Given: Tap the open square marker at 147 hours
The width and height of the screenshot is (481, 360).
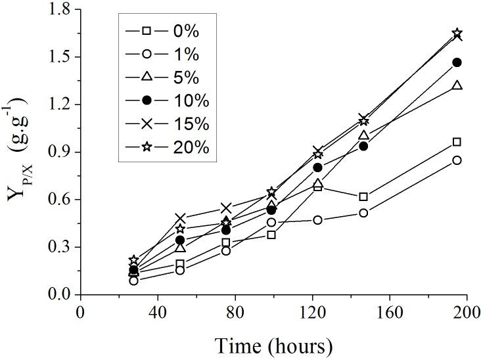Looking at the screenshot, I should [363, 196].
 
